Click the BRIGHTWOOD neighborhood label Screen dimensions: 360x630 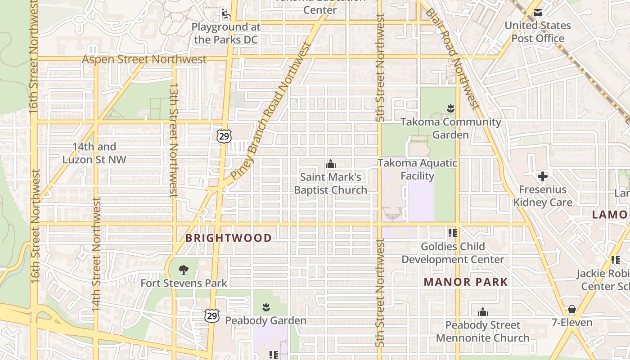click(229, 238)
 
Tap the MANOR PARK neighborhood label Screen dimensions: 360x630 click(466, 282)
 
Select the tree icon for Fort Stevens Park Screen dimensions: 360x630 click(183, 270)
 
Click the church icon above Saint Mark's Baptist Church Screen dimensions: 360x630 click(331, 163)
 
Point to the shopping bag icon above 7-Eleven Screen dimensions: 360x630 click(571, 309)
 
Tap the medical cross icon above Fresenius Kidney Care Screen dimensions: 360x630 click(543, 176)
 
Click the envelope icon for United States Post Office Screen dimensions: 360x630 click(537, 13)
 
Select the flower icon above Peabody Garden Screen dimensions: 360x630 click(265, 307)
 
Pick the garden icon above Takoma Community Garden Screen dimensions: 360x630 click(450, 108)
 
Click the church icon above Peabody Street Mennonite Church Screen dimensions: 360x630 click(482, 312)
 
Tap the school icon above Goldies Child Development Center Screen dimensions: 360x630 click(452, 233)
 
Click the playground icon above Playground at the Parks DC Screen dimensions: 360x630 click(225, 13)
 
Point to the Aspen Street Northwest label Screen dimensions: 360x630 click(144, 59)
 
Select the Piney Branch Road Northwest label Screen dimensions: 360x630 click(271, 110)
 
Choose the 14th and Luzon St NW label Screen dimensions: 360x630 click(94, 153)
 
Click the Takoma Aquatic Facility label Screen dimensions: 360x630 click(417, 169)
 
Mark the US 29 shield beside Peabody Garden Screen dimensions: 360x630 click(212, 316)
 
